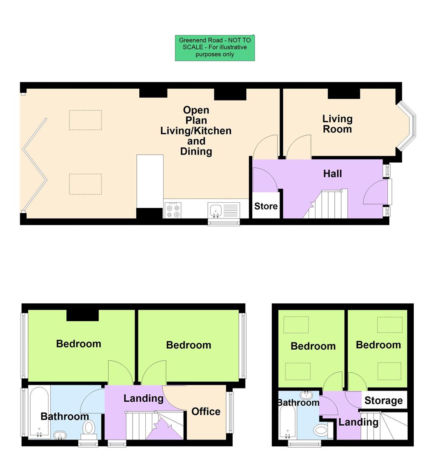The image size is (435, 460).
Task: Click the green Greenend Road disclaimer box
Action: pos(215,48)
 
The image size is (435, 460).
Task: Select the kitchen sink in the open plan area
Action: pos(216,210)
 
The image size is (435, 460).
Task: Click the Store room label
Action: pos(266,207)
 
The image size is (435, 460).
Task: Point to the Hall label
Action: pos(332,174)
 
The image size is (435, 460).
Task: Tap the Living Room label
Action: pos(337,124)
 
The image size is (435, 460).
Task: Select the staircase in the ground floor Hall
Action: pos(326,204)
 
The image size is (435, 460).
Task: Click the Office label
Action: pos(206,411)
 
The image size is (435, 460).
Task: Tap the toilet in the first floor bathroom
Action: pos(89,428)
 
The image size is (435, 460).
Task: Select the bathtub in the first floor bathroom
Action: pos(39,412)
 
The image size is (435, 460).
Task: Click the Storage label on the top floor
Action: pos(383,400)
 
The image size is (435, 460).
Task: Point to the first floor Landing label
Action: pos(143,398)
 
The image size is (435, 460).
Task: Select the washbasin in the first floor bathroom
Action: pos(60,435)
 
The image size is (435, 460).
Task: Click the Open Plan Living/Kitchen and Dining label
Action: pos(196,131)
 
